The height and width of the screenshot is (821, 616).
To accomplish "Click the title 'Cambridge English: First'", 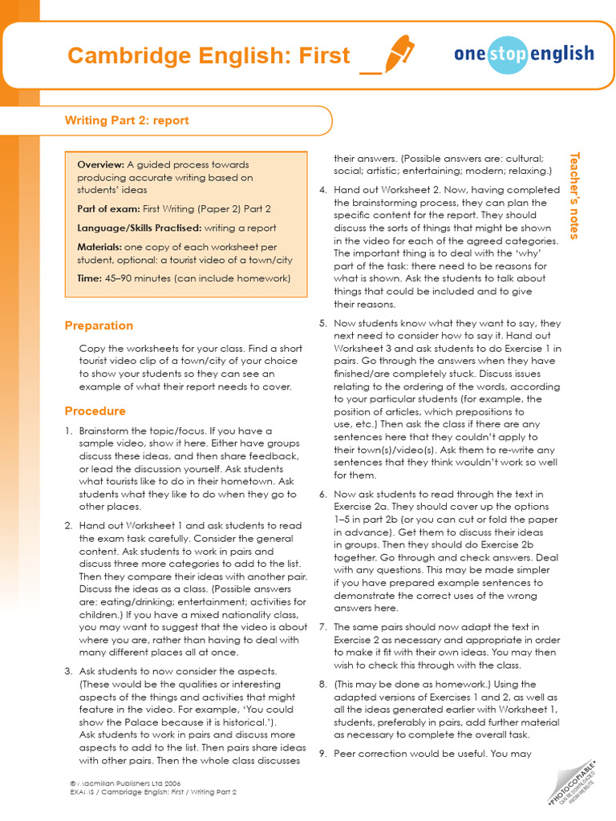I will click(209, 55).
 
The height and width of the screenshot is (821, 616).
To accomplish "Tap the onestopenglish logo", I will click(524, 55).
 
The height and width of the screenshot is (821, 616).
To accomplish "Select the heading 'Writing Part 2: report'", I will click(127, 120).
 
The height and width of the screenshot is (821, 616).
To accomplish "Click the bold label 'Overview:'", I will click(100, 164).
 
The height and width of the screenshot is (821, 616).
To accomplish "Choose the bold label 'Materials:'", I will click(100, 247).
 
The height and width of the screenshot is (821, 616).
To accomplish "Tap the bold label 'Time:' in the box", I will click(89, 278).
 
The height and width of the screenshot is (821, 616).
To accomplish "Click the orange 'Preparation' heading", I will click(99, 326).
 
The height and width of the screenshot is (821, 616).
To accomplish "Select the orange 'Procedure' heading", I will click(95, 410).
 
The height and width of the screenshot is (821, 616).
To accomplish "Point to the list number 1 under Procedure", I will click(68, 431).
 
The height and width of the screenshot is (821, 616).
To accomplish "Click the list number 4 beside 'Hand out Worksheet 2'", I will click(322, 190).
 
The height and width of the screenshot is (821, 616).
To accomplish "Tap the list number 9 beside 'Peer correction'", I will click(322, 754).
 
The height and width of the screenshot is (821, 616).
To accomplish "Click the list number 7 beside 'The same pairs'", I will click(322, 627).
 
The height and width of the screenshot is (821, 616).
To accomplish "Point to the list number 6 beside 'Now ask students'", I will click(322, 494).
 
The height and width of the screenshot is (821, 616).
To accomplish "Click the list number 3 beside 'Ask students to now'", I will click(68, 671).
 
